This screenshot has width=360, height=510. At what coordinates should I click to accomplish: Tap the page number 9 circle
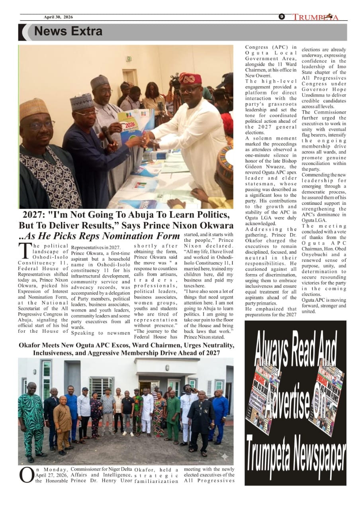coord(282,17)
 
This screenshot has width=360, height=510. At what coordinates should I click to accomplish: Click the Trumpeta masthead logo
coord(315,17)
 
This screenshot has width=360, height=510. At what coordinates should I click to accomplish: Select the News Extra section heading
coord(68,31)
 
